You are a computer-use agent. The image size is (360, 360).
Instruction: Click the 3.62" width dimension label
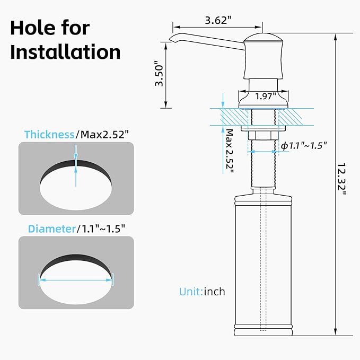pyautogui.click(x=218, y=21)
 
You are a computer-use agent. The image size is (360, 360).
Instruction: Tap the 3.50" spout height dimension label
pyautogui.click(x=159, y=74)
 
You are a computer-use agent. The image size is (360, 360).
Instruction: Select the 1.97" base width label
pyautogui.click(x=266, y=96)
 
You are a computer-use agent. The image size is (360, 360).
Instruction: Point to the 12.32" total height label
pyautogui.click(x=341, y=179)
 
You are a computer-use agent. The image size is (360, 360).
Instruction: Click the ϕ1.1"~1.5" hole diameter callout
pyautogui.click(x=303, y=145)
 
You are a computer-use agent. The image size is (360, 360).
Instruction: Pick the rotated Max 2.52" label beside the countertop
pyautogui.click(x=230, y=151)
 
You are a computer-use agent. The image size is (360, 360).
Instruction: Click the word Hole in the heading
pyautogui.click(x=33, y=28)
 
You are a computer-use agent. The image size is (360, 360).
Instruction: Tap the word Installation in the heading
pyautogui.click(x=65, y=52)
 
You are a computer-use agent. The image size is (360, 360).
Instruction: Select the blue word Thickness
pyautogui.click(x=49, y=134)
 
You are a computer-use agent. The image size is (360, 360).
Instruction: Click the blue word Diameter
pyautogui.click(x=52, y=229)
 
